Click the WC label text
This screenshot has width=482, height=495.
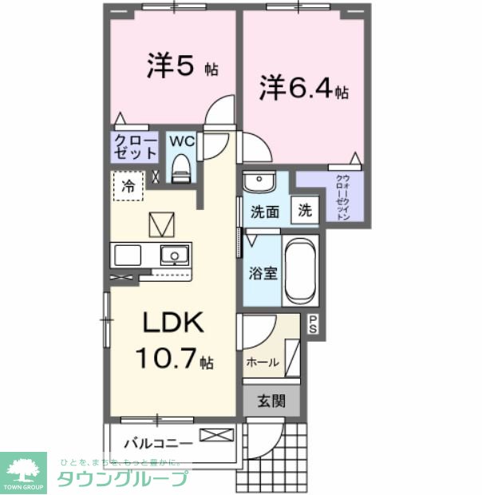(x=180, y=141)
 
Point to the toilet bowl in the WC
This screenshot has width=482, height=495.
(x=181, y=169)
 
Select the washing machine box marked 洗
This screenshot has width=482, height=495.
(x=305, y=211)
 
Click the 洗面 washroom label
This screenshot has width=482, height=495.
(x=265, y=212)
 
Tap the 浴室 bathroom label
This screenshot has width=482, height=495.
(x=263, y=272)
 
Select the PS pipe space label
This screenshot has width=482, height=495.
(x=313, y=324)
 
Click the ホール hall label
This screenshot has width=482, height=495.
(x=263, y=362)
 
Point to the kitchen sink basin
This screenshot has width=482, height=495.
(x=172, y=255)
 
